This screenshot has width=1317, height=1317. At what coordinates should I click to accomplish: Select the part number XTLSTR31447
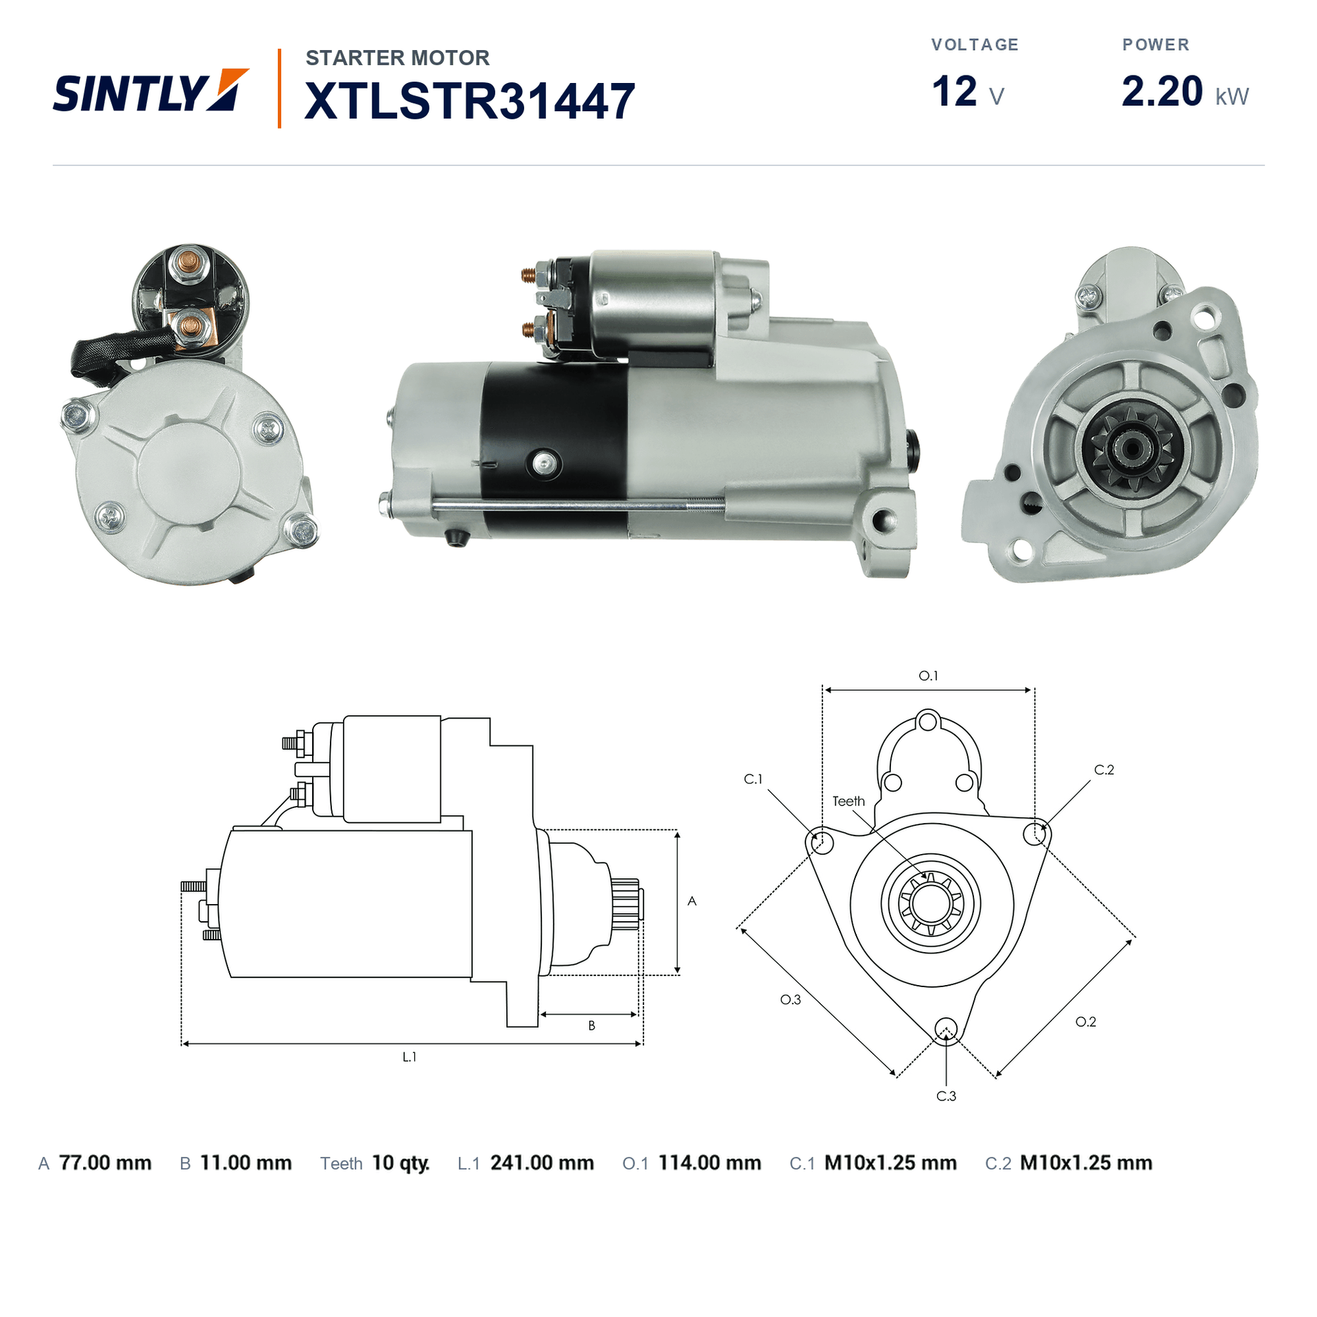pyautogui.click(x=470, y=101)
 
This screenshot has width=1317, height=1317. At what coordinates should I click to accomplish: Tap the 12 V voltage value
pyautogui.click(x=968, y=91)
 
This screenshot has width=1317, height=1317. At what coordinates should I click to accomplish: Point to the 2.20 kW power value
pyautogui.click(x=1185, y=91)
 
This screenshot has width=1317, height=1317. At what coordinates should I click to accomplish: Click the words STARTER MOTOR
pyautogui.click(x=398, y=58)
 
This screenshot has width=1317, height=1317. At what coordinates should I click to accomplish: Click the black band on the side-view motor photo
pyautogui.click(x=554, y=449)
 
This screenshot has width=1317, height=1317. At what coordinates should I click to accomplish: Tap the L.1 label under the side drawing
pyautogui.click(x=410, y=1057)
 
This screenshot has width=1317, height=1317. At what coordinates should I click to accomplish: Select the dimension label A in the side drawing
pyautogui.click(x=691, y=901)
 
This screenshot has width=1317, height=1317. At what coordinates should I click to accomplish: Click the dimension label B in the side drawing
pyautogui.click(x=591, y=1025)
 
